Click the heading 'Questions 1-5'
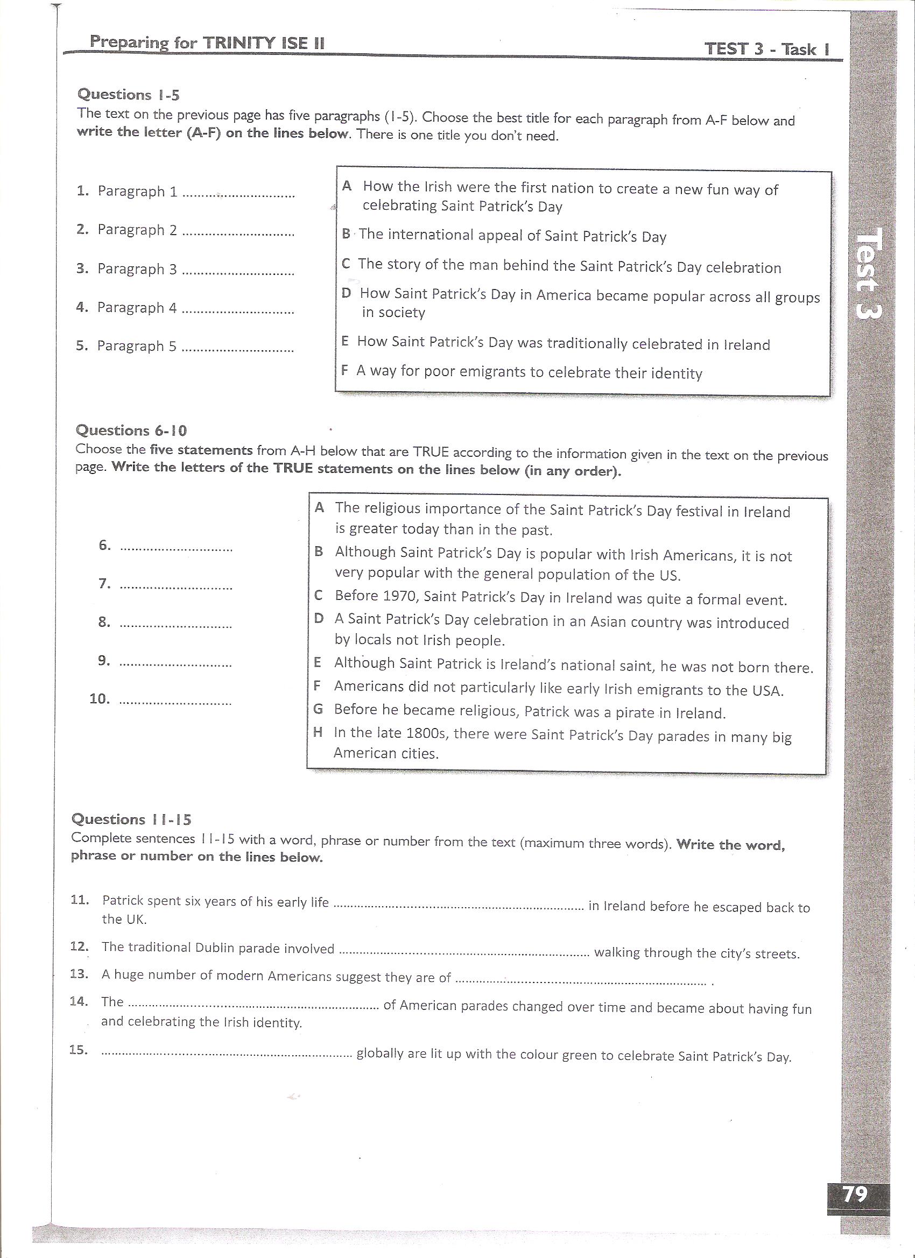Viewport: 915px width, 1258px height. tap(129, 95)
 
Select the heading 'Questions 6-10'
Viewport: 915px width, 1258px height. tap(131, 430)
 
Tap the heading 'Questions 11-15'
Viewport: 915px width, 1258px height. tap(131, 819)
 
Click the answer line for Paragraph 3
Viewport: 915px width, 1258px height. tap(238, 273)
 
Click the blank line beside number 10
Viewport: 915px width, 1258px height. tap(176, 703)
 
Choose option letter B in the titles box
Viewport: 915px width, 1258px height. tap(346, 234)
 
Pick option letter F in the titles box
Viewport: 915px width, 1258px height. tap(344, 370)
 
